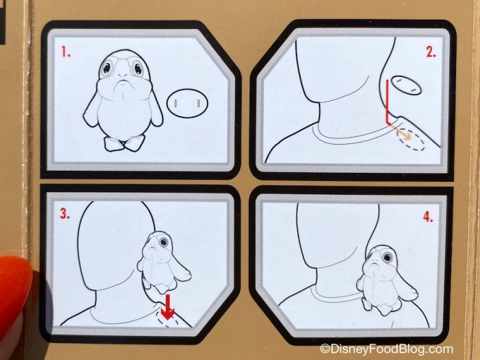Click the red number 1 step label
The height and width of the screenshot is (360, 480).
tap(66, 52)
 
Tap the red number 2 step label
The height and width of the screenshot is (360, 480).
tap(431, 53)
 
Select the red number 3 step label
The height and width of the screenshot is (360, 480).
tap(65, 214)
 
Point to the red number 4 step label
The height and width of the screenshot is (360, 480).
tap(429, 217)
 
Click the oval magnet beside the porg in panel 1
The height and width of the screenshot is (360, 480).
tap(187, 103)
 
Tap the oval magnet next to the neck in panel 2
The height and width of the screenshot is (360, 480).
tap(406, 84)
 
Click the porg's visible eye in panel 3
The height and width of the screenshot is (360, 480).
tap(163, 243)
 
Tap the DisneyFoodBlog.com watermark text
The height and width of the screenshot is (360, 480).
tap(387, 349)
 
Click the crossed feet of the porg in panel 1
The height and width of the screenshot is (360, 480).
tap(123, 143)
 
